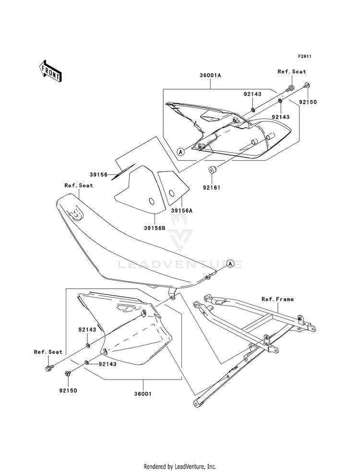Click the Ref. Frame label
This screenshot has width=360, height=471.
pos(277,299)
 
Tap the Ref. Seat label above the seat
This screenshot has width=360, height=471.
pos(79,185)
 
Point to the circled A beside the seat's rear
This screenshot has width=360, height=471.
pos(230,264)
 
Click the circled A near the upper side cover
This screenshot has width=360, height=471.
pos(181,151)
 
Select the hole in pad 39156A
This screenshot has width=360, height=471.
pos(171,193)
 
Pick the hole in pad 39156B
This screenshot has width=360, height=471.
pos(138,201)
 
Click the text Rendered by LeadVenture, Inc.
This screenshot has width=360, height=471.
pos(180,466)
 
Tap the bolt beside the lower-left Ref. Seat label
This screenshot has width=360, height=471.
pos(48,368)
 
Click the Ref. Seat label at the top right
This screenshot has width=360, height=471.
pos(291,72)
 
